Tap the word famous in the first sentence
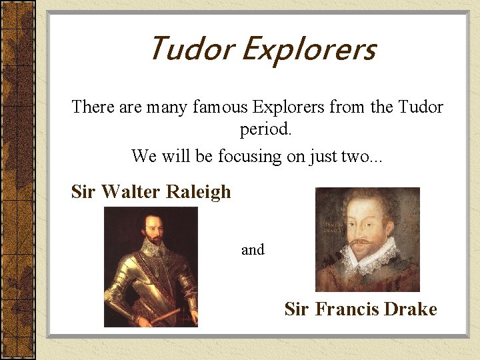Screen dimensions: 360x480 click(x=220, y=107)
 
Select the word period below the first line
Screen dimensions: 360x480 click(x=265, y=129)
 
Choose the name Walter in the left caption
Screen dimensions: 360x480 click(x=131, y=192)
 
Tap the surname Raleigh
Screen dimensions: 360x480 click(x=198, y=192)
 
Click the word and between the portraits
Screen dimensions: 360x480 click(x=253, y=250)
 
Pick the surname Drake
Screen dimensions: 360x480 click(x=410, y=309)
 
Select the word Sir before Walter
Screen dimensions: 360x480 click(x=83, y=192)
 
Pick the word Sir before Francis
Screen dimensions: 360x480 click(x=297, y=309)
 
